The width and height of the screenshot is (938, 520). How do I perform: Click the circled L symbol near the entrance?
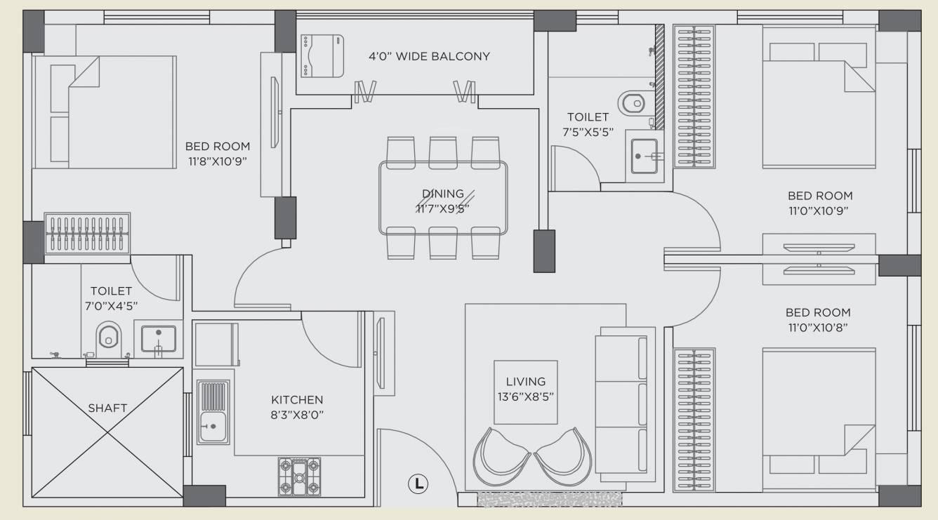coord(418,483)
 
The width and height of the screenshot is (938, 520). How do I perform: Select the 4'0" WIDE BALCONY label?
coord(429,56)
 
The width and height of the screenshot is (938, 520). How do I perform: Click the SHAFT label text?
coord(107,408)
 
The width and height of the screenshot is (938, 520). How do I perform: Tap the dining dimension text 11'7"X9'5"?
coord(442,208)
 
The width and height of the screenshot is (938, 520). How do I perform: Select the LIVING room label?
coord(525,382)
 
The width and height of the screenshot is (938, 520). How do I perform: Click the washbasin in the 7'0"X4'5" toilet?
coord(158,338)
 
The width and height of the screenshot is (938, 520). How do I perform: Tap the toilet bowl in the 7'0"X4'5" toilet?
coord(108,336)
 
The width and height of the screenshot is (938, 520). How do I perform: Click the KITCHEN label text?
coord(297,400)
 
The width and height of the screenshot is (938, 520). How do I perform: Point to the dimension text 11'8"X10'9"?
coord(218,161)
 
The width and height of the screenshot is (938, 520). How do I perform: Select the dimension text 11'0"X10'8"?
coord(818,327)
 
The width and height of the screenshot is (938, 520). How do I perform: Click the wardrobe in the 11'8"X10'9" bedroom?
coord(87,234)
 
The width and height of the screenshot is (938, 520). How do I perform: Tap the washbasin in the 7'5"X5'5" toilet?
coord(644,156)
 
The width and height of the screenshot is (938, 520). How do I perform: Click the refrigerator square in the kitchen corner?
coord(216,344)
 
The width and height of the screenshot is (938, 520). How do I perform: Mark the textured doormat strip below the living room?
coord(549,499)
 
